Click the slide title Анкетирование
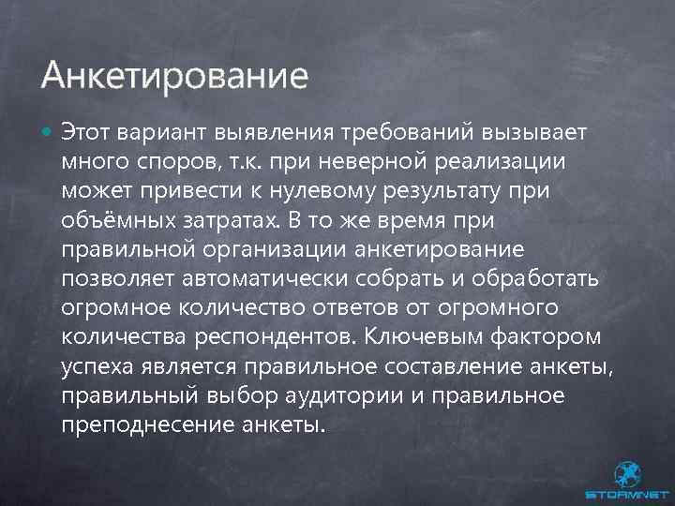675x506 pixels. click(174, 74)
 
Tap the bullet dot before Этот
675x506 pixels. click(48, 131)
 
